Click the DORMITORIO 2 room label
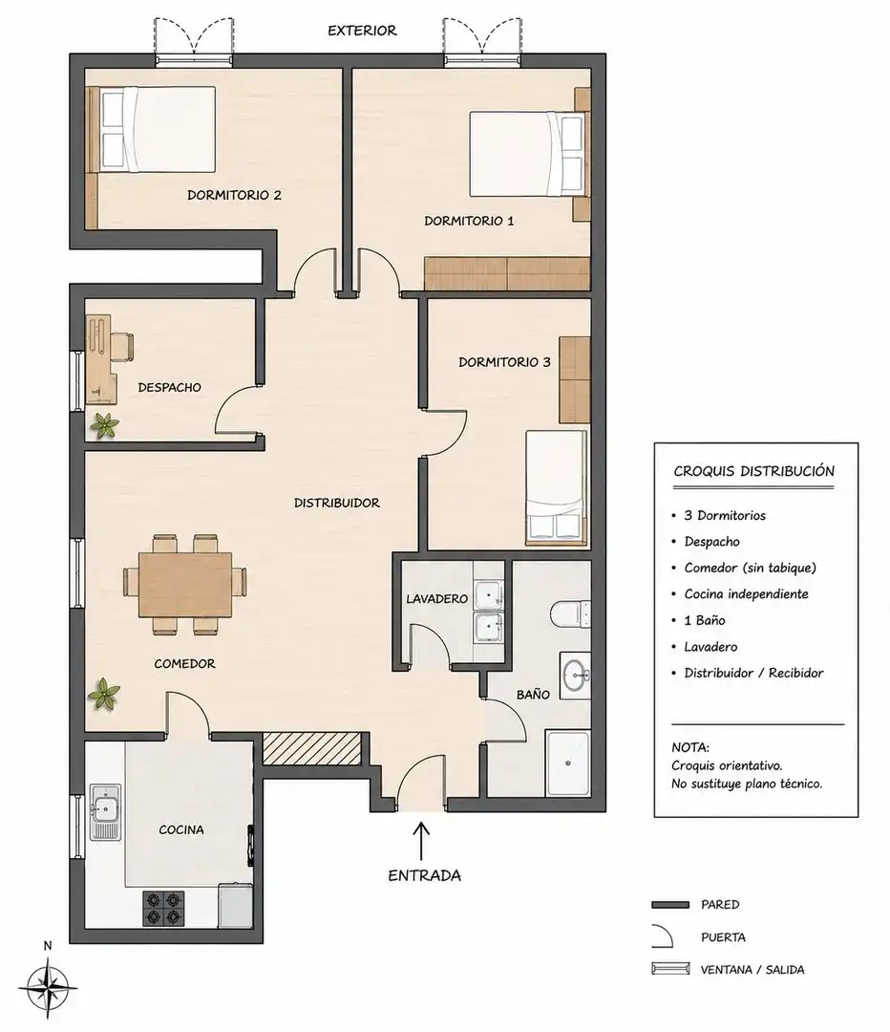click(x=234, y=195)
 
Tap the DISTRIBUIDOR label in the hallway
click(x=337, y=503)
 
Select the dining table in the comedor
click(x=185, y=585)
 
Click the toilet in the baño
click(x=570, y=613)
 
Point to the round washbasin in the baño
click(x=577, y=676)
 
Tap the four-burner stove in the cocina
click(x=163, y=908)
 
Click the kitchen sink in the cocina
click(x=105, y=811)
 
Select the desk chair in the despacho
click(x=122, y=348)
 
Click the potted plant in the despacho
click(x=105, y=426)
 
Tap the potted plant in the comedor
click(x=105, y=695)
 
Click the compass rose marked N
click(x=48, y=986)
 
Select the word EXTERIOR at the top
click(x=362, y=31)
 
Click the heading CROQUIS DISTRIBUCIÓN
click(x=753, y=471)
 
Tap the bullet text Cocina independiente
click(x=746, y=593)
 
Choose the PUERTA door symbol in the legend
click(x=663, y=936)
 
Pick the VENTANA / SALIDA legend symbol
click(x=670, y=969)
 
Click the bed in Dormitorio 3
click(x=556, y=487)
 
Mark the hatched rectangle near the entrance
click(x=312, y=748)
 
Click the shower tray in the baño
click(x=568, y=763)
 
